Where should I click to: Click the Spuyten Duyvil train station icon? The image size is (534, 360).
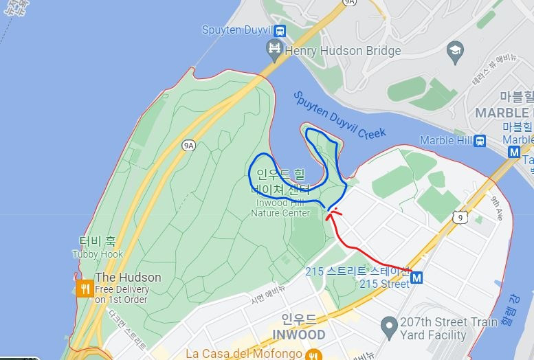pos(280,30)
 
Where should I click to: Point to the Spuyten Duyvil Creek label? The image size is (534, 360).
pos(339,115)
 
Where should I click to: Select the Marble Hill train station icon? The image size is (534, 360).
pos(480,141)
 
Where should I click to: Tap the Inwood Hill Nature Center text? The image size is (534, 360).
pos(280,207)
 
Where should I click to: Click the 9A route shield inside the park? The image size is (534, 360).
pos(188,145)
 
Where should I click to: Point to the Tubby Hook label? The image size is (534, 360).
pos(98,254)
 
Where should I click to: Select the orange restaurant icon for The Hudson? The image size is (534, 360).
pos(85,289)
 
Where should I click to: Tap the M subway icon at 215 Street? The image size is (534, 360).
pos(417,278)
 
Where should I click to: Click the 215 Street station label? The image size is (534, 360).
pos(384,283)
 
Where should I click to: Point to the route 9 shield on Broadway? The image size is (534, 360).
pos(458,218)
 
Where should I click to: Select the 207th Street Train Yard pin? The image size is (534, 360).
pos(390,323)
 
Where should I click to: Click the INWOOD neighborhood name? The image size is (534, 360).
pos(298,335)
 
